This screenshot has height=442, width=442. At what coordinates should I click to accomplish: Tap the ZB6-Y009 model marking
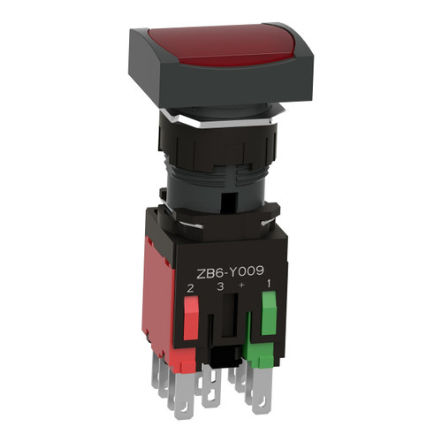(x=230, y=272)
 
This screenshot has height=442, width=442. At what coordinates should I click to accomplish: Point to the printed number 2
(x=190, y=288)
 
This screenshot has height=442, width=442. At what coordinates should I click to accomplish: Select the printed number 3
(x=220, y=286)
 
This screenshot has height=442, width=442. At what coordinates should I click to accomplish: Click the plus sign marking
(x=241, y=285)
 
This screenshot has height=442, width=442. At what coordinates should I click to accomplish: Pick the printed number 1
(x=269, y=284)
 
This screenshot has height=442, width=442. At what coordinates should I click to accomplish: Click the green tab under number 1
(x=269, y=313)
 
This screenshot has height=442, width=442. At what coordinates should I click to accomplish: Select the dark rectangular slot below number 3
(x=229, y=315)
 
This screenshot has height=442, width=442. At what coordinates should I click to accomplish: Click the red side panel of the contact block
(x=158, y=289)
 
